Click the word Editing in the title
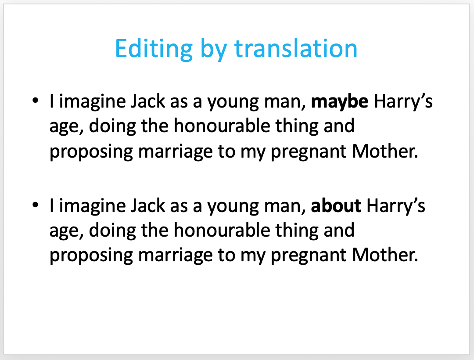coord(154,49)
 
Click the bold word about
coord(336,205)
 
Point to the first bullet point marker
coord(36,100)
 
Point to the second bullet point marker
coord(36,205)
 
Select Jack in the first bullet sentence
coord(148,101)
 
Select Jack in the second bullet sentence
coord(148,206)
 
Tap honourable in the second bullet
coord(222,230)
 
